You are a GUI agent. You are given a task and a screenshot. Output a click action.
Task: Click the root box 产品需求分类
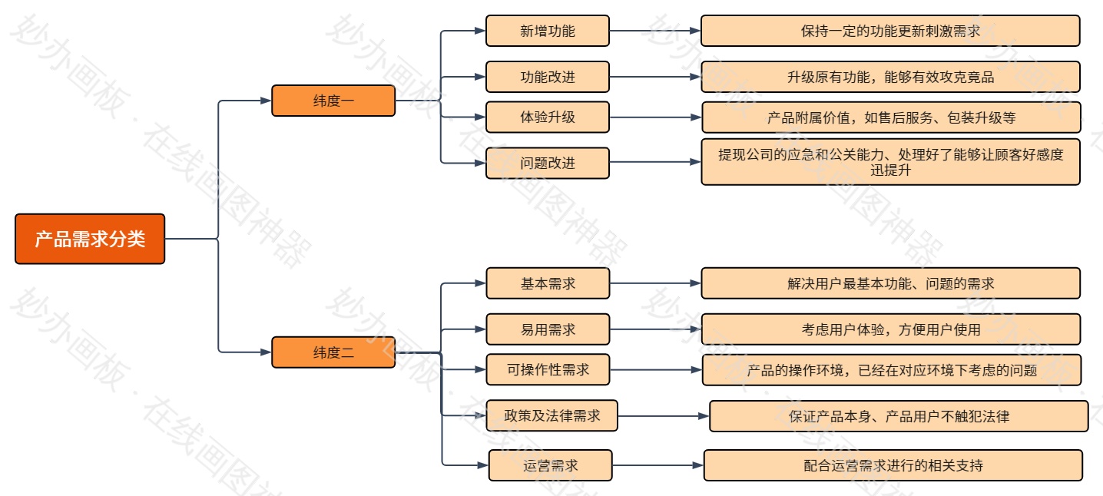(90, 239)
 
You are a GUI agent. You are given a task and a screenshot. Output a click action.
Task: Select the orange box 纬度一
(333, 101)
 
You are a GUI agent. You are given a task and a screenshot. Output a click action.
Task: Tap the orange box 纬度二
(333, 352)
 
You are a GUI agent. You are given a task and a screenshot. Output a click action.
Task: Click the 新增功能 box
(548, 31)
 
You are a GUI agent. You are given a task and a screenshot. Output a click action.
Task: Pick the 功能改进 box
(548, 77)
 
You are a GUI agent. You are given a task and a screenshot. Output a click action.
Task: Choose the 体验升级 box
(548, 117)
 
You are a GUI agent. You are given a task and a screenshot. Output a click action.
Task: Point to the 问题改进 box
(548, 163)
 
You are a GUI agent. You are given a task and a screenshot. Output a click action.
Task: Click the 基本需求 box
(548, 283)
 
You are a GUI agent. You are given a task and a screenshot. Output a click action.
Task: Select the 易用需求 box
(548, 329)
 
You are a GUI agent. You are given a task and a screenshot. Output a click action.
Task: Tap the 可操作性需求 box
(548, 369)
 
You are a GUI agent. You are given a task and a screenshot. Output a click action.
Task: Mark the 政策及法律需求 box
(551, 416)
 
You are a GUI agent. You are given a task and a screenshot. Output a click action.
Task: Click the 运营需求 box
(551, 465)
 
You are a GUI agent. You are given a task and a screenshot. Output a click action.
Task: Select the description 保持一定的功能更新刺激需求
(890, 31)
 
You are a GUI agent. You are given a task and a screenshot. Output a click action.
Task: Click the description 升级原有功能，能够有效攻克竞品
(890, 77)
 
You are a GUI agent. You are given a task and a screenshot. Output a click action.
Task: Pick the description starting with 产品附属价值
(891, 117)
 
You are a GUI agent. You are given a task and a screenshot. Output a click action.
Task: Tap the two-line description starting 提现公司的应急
(890, 162)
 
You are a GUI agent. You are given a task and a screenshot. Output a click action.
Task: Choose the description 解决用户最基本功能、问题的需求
(890, 283)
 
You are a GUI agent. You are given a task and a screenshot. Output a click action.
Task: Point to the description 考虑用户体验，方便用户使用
(890, 329)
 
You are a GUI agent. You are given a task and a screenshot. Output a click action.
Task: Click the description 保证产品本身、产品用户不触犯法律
(899, 416)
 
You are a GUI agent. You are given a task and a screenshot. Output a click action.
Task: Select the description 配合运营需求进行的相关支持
(893, 465)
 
